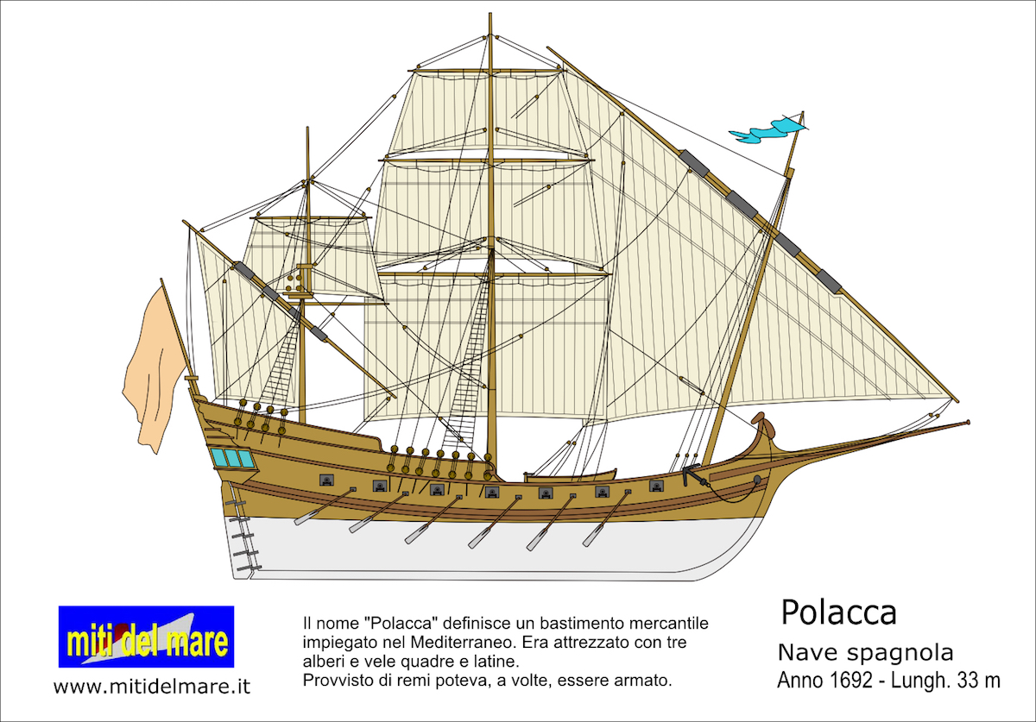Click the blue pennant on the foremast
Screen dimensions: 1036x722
coord(767,130)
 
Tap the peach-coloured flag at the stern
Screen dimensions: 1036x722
coord(154,370)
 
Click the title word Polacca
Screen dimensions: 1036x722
coord(839,613)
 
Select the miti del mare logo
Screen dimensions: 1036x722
coord(146,637)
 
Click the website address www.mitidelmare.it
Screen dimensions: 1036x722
coord(152,686)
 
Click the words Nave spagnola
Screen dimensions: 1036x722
coord(865,653)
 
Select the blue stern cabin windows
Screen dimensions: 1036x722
coord(232,457)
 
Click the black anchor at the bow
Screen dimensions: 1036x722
coord(695,476)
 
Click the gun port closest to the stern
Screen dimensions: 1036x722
coord(326,480)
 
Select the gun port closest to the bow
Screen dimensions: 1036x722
coord(656,486)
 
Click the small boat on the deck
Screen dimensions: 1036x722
coord(571,475)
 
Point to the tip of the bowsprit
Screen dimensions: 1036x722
coord(969,422)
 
